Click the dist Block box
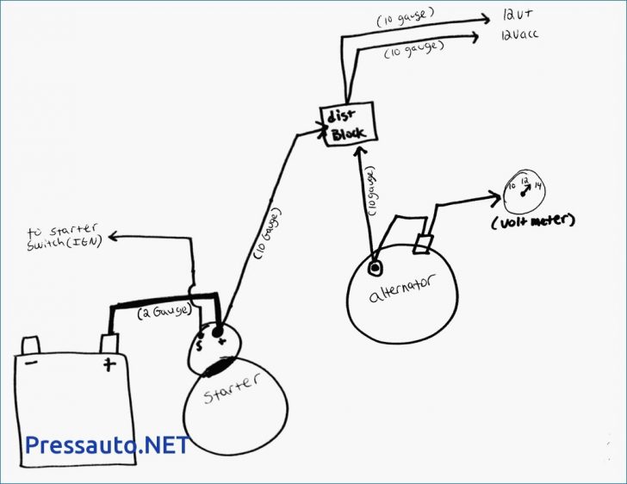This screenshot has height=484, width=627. tap(350, 124)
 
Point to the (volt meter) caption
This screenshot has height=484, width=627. tap(532, 223)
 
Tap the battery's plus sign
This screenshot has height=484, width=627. tap(109, 363)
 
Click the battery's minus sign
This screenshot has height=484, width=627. tap(31, 362)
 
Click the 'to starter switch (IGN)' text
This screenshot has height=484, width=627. tap(62, 237)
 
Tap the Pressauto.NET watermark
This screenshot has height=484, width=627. tap(107, 444)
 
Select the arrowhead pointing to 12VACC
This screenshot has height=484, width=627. tap(476, 36)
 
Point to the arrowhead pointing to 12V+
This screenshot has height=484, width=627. tap(485, 16)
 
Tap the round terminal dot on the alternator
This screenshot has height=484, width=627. tap(375, 268)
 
